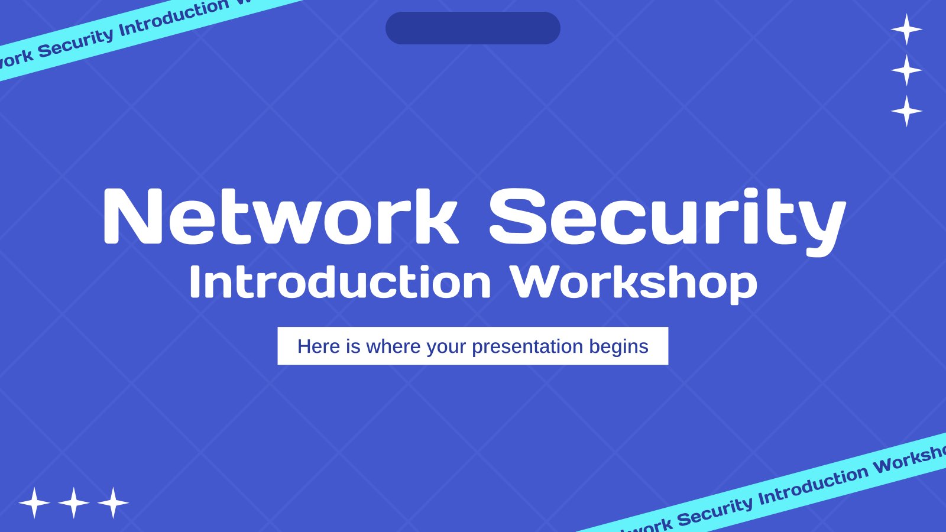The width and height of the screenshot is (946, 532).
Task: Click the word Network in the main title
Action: pos(281,216)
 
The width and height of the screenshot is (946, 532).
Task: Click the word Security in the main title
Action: pos(668,222)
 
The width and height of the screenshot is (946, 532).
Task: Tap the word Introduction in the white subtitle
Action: pos(340,281)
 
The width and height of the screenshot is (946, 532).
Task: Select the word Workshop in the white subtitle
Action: pos(633,284)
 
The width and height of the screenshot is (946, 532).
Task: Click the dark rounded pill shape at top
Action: pos(473,28)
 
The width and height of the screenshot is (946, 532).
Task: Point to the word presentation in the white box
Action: pos(527,346)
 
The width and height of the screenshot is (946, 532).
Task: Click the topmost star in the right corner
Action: pos(907,29)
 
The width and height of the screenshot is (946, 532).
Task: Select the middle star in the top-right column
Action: pos(907,70)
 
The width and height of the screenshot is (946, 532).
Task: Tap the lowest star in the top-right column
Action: pos(907,111)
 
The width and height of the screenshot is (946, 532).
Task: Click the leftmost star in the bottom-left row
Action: pos(35,503)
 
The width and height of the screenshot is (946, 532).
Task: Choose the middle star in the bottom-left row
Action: pos(74,503)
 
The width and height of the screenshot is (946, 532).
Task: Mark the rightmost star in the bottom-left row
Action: pos(113,503)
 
